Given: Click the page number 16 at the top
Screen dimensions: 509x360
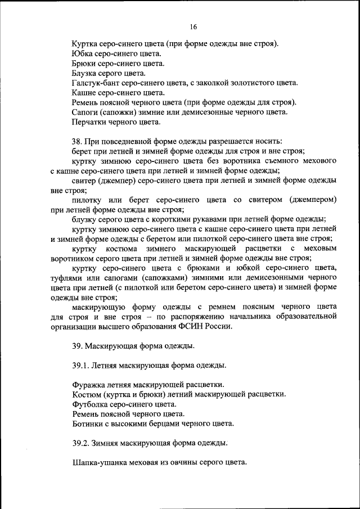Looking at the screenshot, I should coord(193,26).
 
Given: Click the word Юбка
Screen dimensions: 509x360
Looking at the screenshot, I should coord(82,53).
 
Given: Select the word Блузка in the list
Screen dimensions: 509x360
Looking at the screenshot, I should coord(85,73).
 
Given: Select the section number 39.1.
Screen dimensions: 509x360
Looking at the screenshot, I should coord(81,365).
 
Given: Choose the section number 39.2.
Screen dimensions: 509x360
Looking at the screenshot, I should coord(81,443).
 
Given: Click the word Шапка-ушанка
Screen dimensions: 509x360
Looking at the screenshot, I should coord(98,462).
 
